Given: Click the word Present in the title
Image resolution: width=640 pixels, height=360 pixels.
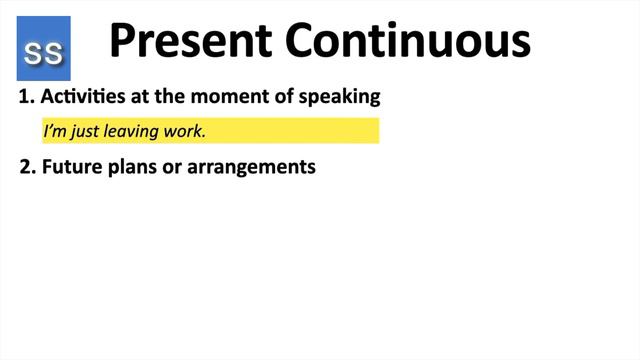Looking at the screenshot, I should pos(190,42).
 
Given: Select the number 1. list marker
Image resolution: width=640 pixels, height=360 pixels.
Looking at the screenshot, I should pos(27,98).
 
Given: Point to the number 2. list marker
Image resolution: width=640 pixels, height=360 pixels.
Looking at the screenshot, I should pos(27,167).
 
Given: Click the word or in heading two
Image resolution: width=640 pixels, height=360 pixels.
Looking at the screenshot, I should pos(173,167).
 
